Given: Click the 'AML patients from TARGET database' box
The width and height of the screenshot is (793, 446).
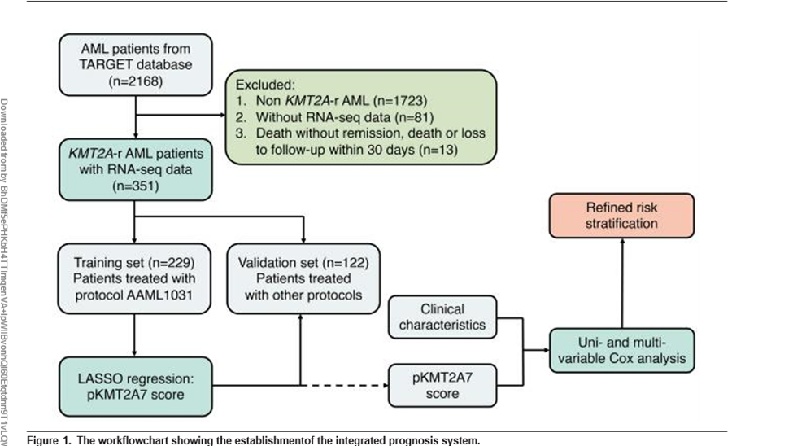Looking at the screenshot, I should (x=135, y=63).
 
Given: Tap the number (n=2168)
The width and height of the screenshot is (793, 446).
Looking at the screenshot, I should (x=135, y=81).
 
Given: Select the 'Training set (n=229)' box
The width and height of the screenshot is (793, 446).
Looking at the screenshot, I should (x=135, y=278).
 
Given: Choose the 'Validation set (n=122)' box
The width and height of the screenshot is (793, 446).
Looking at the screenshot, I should (x=302, y=278).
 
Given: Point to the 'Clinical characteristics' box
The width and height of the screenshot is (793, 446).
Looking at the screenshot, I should (x=442, y=317).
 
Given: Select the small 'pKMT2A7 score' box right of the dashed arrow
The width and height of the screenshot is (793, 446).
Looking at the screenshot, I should (x=442, y=385).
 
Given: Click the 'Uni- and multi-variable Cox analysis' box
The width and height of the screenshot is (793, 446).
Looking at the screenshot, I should (x=622, y=351).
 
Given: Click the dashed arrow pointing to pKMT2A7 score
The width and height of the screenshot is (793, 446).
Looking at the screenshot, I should (x=342, y=385).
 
